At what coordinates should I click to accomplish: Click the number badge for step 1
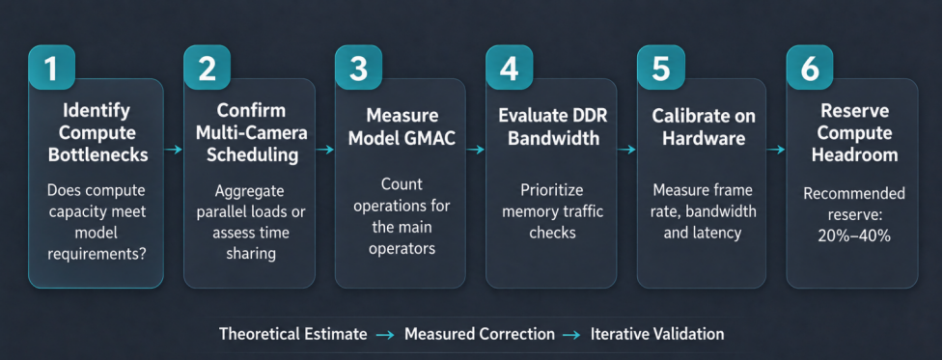51,68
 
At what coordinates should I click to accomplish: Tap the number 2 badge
207,68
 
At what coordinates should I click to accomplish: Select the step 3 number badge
358,68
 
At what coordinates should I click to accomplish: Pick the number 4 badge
510,68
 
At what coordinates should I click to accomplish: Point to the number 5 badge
660,68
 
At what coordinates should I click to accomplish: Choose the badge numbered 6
810,68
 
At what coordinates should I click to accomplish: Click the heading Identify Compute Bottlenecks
97,133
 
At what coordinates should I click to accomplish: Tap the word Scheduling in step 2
252,154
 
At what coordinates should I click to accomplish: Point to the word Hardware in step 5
704,138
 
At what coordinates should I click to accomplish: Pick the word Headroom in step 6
854,154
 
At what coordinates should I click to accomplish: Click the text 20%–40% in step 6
854,235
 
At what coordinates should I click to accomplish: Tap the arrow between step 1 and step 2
174,149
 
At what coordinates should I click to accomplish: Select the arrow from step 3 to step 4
476,149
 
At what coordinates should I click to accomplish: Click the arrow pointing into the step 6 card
776,149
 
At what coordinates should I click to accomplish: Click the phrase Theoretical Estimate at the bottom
292,334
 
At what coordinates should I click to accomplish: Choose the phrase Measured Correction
480,334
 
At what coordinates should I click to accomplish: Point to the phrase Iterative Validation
657,334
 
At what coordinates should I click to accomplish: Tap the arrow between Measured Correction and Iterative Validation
572,334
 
